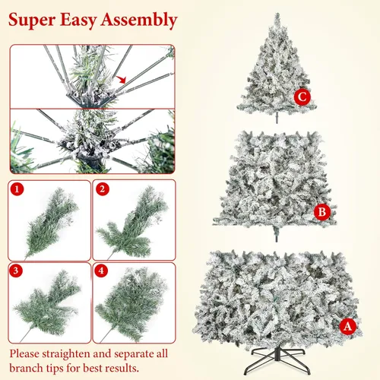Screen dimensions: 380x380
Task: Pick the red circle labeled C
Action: coord(302,96)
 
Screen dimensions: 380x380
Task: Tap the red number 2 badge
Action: coord(102,188)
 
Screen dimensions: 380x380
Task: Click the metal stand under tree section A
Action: coord(292,359)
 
